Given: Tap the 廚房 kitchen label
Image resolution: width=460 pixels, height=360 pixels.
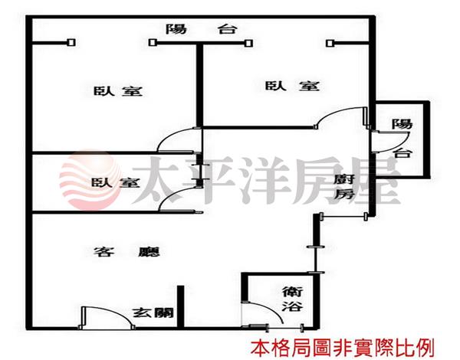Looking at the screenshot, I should click(344, 186).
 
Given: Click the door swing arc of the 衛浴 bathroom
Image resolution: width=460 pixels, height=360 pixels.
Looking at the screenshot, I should click(264, 311).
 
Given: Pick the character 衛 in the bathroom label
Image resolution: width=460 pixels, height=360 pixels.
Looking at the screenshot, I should click(291, 290).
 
